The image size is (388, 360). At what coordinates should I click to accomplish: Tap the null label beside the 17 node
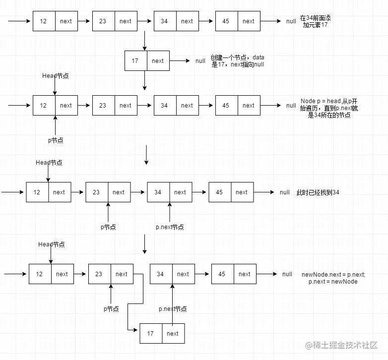click(200, 61)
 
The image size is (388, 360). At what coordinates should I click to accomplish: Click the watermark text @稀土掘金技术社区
click(341, 345)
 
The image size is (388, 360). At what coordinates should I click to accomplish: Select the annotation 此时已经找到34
click(318, 192)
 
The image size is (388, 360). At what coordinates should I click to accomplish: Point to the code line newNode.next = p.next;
click(333, 274)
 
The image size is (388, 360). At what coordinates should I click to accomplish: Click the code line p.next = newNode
click(333, 281)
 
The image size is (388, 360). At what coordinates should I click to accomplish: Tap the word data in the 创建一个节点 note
click(259, 58)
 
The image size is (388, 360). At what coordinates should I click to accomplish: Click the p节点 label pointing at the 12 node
click(56, 140)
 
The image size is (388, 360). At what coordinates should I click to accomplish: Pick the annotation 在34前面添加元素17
click(315, 21)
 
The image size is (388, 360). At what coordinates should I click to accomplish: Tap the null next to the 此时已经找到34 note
click(285, 192)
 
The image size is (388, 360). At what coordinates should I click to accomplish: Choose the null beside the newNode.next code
click(287, 274)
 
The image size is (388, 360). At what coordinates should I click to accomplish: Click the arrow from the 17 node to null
click(180, 61)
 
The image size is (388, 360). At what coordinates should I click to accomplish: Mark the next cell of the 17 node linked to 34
click(174, 334)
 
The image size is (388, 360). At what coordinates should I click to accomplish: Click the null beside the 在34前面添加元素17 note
click(291, 21)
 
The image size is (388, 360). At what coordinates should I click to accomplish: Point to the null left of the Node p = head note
click(291, 106)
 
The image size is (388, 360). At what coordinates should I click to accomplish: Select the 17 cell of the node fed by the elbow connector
click(151, 334)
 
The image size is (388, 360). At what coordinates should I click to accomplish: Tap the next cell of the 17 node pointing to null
click(158, 61)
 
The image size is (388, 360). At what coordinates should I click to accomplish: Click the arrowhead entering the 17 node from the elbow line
click(136, 330)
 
